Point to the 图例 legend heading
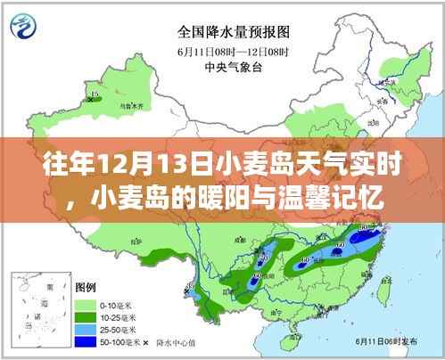(x=87, y=290)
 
